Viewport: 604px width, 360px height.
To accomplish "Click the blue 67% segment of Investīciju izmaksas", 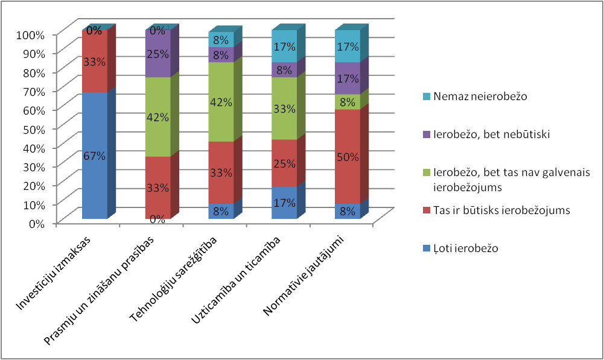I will [x=95, y=155].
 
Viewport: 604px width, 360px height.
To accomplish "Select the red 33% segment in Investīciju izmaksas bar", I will [x=95, y=62].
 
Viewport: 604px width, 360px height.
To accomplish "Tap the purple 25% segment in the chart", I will [x=157, y=54].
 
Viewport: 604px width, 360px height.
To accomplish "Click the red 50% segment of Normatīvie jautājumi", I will [x=348, y=156].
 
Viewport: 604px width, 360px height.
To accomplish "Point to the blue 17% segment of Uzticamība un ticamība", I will [x=284, y=203].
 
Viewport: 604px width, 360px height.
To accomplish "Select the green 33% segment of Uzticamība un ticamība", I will [x=284, y=109].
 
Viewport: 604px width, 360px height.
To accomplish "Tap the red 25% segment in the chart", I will [x=284, y=163].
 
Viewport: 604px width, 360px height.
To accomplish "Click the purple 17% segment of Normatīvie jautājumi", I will [x=348, y=78].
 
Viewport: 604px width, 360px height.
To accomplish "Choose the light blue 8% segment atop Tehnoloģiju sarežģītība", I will [x=221, y=40].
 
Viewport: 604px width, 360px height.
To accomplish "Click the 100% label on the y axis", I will [x=30, y=34].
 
